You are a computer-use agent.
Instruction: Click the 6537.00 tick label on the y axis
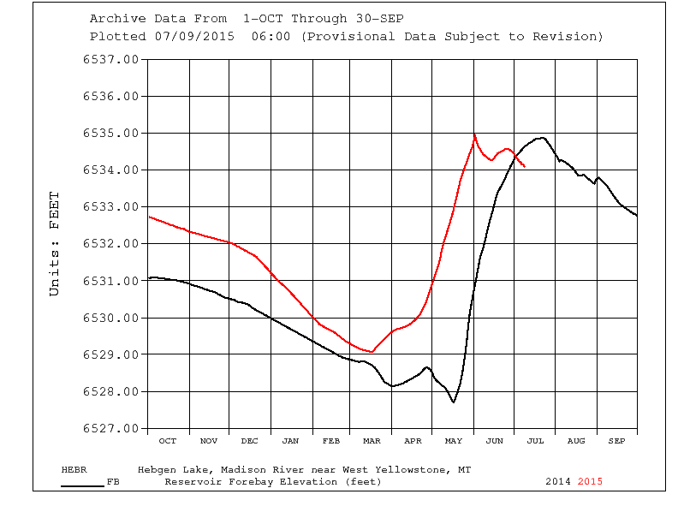[110, 59]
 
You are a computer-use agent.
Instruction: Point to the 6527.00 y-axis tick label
[110, 428]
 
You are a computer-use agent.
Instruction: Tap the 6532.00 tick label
[110, 244]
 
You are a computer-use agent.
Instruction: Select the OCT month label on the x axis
[168, 441]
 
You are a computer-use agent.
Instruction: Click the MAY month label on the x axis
[454, 441]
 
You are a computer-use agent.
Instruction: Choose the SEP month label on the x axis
[617, 441]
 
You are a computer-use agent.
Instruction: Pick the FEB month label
[331, 441]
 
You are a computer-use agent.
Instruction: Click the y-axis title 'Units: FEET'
[55, 244]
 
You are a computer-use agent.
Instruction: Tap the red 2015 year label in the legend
[590, 481]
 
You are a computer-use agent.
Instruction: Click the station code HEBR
[74, 470]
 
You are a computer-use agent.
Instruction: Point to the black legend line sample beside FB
[82, 485]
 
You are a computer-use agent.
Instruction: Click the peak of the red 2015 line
[474, 134]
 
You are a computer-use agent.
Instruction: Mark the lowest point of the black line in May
[454, 402]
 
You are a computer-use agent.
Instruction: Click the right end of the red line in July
[524, 167]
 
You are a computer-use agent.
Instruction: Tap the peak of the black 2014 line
[541, 137]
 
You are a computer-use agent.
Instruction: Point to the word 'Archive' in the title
[116, 19]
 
